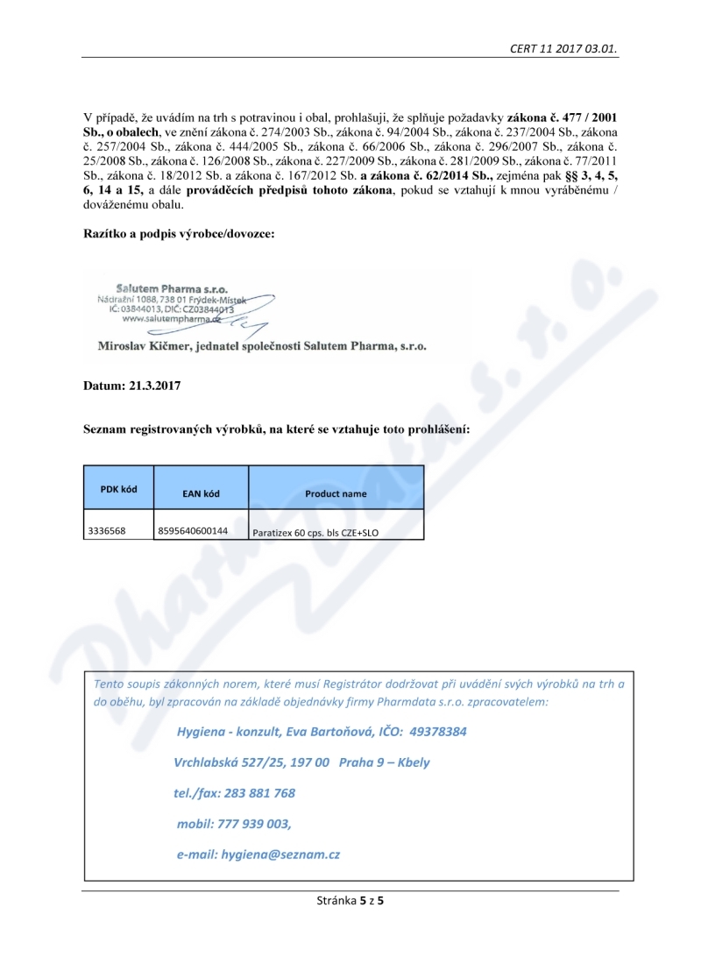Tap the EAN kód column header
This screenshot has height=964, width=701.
tap(201, 493)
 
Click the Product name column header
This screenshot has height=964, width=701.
tap(336, 493)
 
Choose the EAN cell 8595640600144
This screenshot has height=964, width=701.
tap(193, 530)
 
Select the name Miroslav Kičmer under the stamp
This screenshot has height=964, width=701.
tap(149, 346)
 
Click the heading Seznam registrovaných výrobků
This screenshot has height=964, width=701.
tap(276, 430)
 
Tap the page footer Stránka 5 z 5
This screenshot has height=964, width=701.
tap(350, 900)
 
